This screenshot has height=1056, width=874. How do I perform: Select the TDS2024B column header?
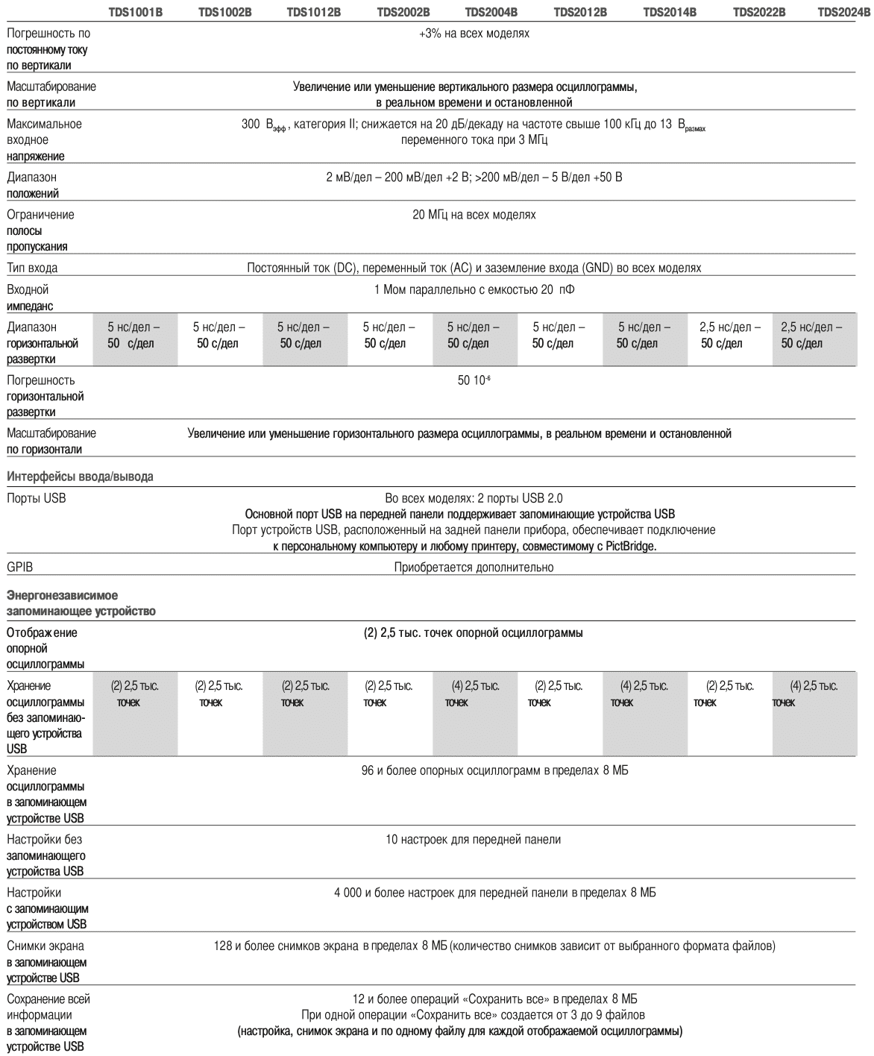click(845, 13)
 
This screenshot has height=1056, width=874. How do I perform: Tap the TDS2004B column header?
click(491, 13)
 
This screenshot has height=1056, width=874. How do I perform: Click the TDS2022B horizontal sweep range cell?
click(730, 335)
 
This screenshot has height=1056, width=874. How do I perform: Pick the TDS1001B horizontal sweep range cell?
click(134, 335)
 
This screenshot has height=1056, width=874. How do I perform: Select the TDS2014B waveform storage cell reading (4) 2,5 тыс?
click(646, 686)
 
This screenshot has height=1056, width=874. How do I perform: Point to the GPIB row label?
click(20, 568)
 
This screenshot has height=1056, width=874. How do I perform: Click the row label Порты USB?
click(36, 498)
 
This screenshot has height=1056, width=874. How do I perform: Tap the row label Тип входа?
click(32, 268)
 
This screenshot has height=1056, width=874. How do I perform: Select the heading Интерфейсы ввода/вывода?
click(80, 477)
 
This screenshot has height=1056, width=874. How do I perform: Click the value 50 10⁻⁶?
click(474, 380)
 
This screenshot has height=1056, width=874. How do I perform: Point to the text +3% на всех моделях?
click(474, 34)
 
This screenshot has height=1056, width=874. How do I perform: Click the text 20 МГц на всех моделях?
click(474, 215)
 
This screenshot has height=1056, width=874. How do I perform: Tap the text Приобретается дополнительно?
click(474, 568)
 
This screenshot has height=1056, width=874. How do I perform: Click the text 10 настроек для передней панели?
click(474, 840)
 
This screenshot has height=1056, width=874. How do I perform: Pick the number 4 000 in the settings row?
click(348, 893)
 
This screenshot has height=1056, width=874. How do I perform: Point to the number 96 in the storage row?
click(367, 770)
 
